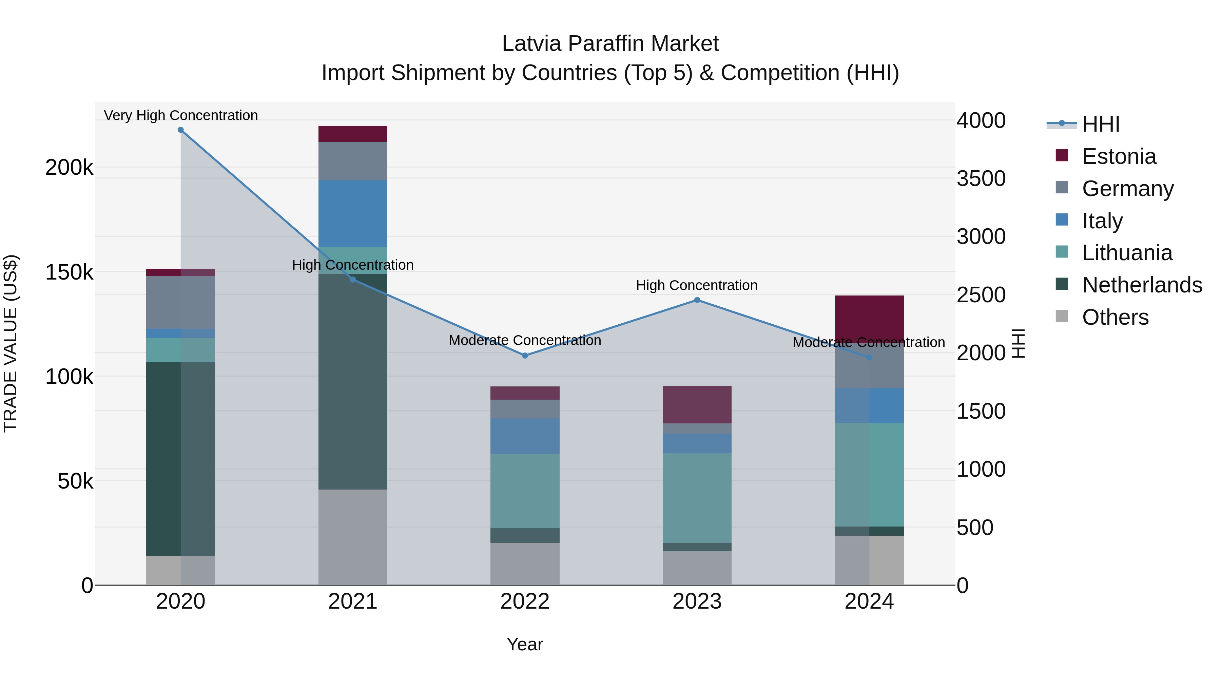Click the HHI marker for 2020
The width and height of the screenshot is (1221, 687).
180,130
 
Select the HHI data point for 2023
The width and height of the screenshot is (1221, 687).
697,300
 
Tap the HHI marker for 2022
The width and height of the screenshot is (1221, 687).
525,356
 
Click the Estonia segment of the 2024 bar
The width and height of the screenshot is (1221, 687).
869,317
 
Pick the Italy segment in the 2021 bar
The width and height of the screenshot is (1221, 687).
353,213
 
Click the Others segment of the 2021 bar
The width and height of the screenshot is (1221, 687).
353,537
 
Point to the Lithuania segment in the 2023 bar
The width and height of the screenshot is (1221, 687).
697,498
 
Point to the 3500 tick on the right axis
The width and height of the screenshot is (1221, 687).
981,179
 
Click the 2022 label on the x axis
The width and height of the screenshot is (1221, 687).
525,602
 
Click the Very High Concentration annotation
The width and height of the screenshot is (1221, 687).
180,115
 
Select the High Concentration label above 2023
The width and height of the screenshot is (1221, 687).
697,285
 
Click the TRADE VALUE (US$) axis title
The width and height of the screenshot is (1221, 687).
11,343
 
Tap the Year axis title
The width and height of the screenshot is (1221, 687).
525,644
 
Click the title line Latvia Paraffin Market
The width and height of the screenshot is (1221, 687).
610,44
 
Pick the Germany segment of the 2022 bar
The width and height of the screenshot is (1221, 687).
525,409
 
